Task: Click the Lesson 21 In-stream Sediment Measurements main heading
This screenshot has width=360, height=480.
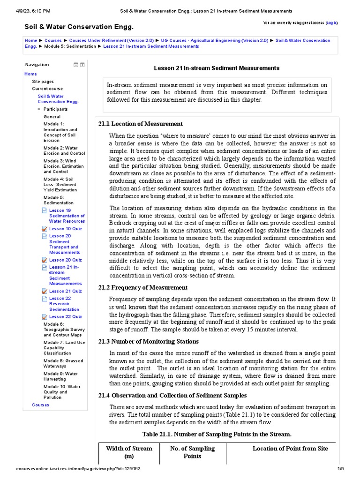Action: [x=217, y=68]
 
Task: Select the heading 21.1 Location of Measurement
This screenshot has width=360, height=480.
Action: [x=141, y=124]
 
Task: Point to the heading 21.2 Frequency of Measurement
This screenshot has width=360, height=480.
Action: [x=143, y=287]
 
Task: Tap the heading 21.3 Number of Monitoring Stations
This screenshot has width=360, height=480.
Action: [x=149, y=341]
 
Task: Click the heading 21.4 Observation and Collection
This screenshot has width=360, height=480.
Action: [x=172, y=395]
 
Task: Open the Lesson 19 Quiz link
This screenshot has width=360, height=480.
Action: [x=65, y=228]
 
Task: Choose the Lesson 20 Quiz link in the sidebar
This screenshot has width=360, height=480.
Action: [x=65, y=260]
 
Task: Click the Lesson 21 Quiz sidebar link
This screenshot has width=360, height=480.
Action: [x=65, y=291]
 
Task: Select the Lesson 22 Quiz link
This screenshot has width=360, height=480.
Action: [x=65, y=317]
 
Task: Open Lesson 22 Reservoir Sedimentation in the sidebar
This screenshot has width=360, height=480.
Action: [x=64, y=304]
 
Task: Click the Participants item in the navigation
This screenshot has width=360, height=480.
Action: [x=55, y=109]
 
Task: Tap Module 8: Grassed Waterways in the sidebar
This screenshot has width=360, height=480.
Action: [x=63, y=363]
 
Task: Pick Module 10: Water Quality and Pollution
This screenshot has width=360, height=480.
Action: [x=62, y=392]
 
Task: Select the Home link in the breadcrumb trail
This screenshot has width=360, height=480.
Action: [x=31, y=41]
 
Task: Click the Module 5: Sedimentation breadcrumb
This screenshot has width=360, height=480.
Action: [x=70, y=46]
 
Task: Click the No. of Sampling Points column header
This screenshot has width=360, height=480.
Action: [x=192, y=452]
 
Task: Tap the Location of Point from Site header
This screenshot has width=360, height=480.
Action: [x=290, y=449]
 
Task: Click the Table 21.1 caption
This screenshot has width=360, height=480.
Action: [x=217, y=434]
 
